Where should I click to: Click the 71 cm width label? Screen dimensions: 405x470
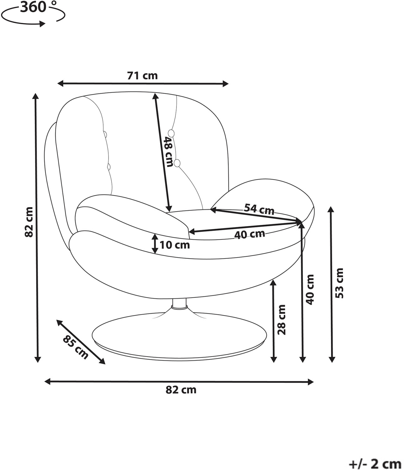tap(142, 76)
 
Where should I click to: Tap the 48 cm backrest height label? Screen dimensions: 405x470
tap(169, 152)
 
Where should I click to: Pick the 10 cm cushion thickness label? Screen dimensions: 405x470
tap(175, 245)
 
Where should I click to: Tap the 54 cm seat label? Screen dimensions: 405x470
tap(259, 209)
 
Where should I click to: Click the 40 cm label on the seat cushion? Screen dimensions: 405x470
tap(250, 234)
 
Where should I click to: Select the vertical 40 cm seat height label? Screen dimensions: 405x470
tap(310, 290)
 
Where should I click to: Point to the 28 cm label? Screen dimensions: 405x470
tap(281, 320)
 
